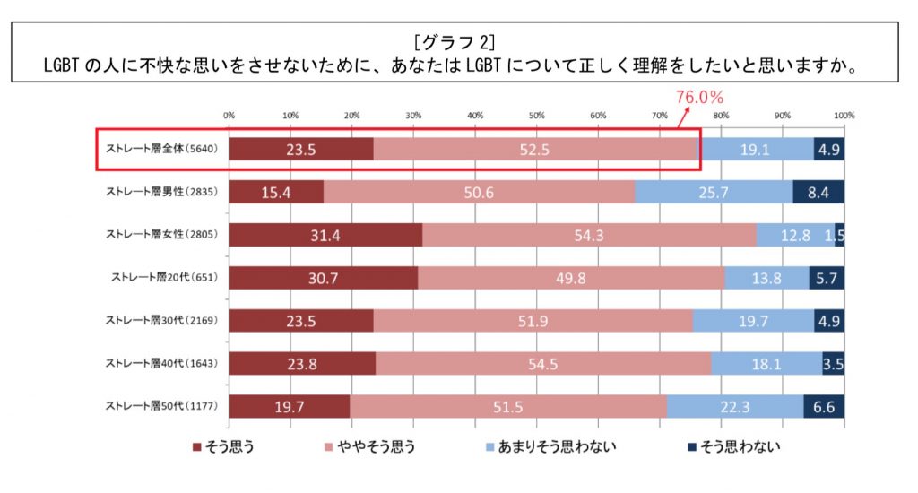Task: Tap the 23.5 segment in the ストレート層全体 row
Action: point(300,150)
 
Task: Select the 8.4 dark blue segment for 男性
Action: point(818,193)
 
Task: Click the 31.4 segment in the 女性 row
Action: point(325,235)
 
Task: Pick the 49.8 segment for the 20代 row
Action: point(570,278)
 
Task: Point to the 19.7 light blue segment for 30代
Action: point(753,320)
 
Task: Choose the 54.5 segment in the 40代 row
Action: point(543,363)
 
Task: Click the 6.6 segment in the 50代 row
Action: point(824,406)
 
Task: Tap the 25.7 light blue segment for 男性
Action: point(714,193)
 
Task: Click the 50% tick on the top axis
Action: point(536,116)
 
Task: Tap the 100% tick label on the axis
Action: point(843,116)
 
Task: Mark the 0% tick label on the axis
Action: point(229,116)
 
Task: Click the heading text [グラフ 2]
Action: point(457,42)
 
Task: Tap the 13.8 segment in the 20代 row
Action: point(766,278)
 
